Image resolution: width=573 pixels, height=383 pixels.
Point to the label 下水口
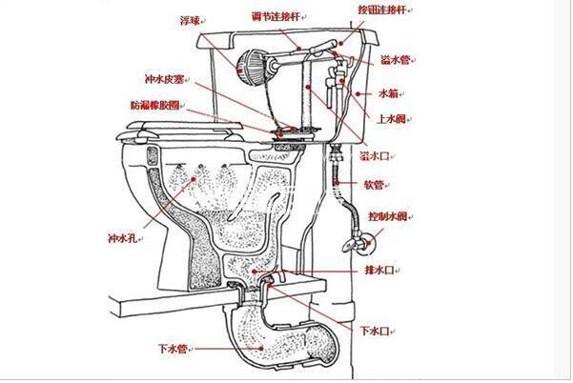click(x=374, y=332)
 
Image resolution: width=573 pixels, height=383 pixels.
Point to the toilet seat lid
click(x=180, y=136)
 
